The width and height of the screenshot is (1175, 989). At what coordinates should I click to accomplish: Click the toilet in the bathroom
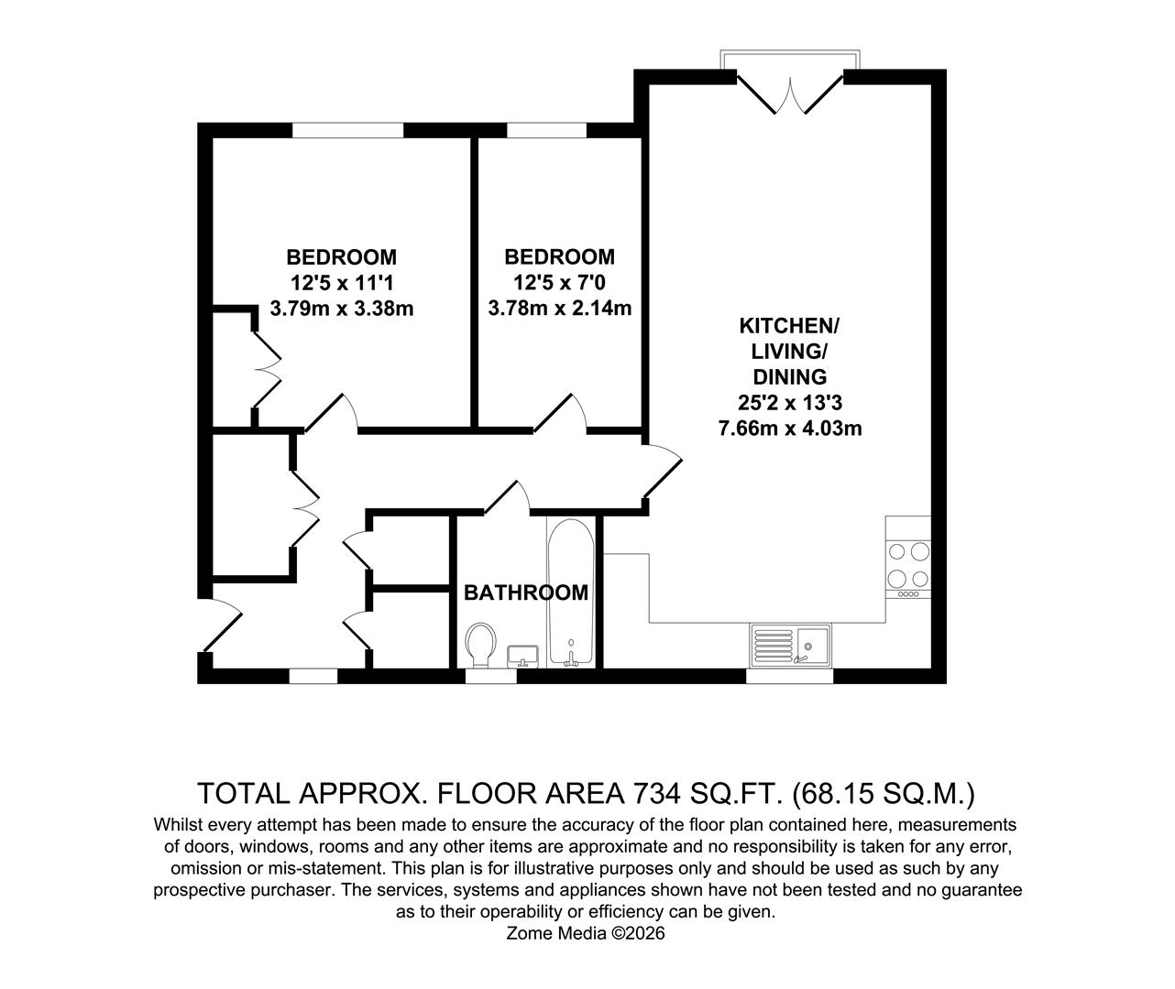click(x=480, y=645)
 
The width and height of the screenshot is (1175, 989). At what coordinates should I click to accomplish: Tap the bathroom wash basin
click(x=523, y=655)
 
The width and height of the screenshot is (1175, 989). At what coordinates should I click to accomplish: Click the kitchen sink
click(x=790, y=645)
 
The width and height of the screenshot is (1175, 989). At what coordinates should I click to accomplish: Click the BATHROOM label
click(x=526, y=592)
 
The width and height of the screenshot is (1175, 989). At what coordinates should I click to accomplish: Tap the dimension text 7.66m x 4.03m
click(x=789, y=427)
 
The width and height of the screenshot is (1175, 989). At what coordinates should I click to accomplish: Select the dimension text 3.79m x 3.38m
click(x=342, y=309)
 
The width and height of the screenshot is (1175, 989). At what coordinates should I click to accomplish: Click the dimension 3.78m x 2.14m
click(x=559, y=309)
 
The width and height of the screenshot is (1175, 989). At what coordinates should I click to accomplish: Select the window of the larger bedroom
click(x=347, y=130)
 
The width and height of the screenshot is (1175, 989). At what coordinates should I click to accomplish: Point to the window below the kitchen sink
click(x=789, y=676)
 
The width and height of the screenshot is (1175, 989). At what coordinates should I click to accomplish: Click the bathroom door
click(x=507, y=495)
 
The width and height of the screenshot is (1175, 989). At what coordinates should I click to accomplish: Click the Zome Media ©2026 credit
click(x=586, y=933)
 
